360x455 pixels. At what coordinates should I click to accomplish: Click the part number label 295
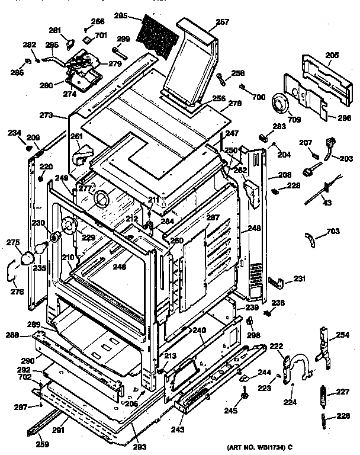tap(123, 16)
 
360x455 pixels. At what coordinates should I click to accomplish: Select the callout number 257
tap(205, 21)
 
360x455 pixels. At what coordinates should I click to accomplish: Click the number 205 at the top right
tap(332, 55)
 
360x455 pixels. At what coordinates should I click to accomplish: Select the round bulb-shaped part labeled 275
tap(28, 258)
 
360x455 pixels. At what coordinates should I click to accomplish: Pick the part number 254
tap(343, 335)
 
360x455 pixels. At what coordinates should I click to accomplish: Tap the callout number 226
tap(343, 415)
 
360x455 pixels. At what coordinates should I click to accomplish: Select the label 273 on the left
tap(47, 115)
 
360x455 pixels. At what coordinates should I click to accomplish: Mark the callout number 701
tap(101, 36)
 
